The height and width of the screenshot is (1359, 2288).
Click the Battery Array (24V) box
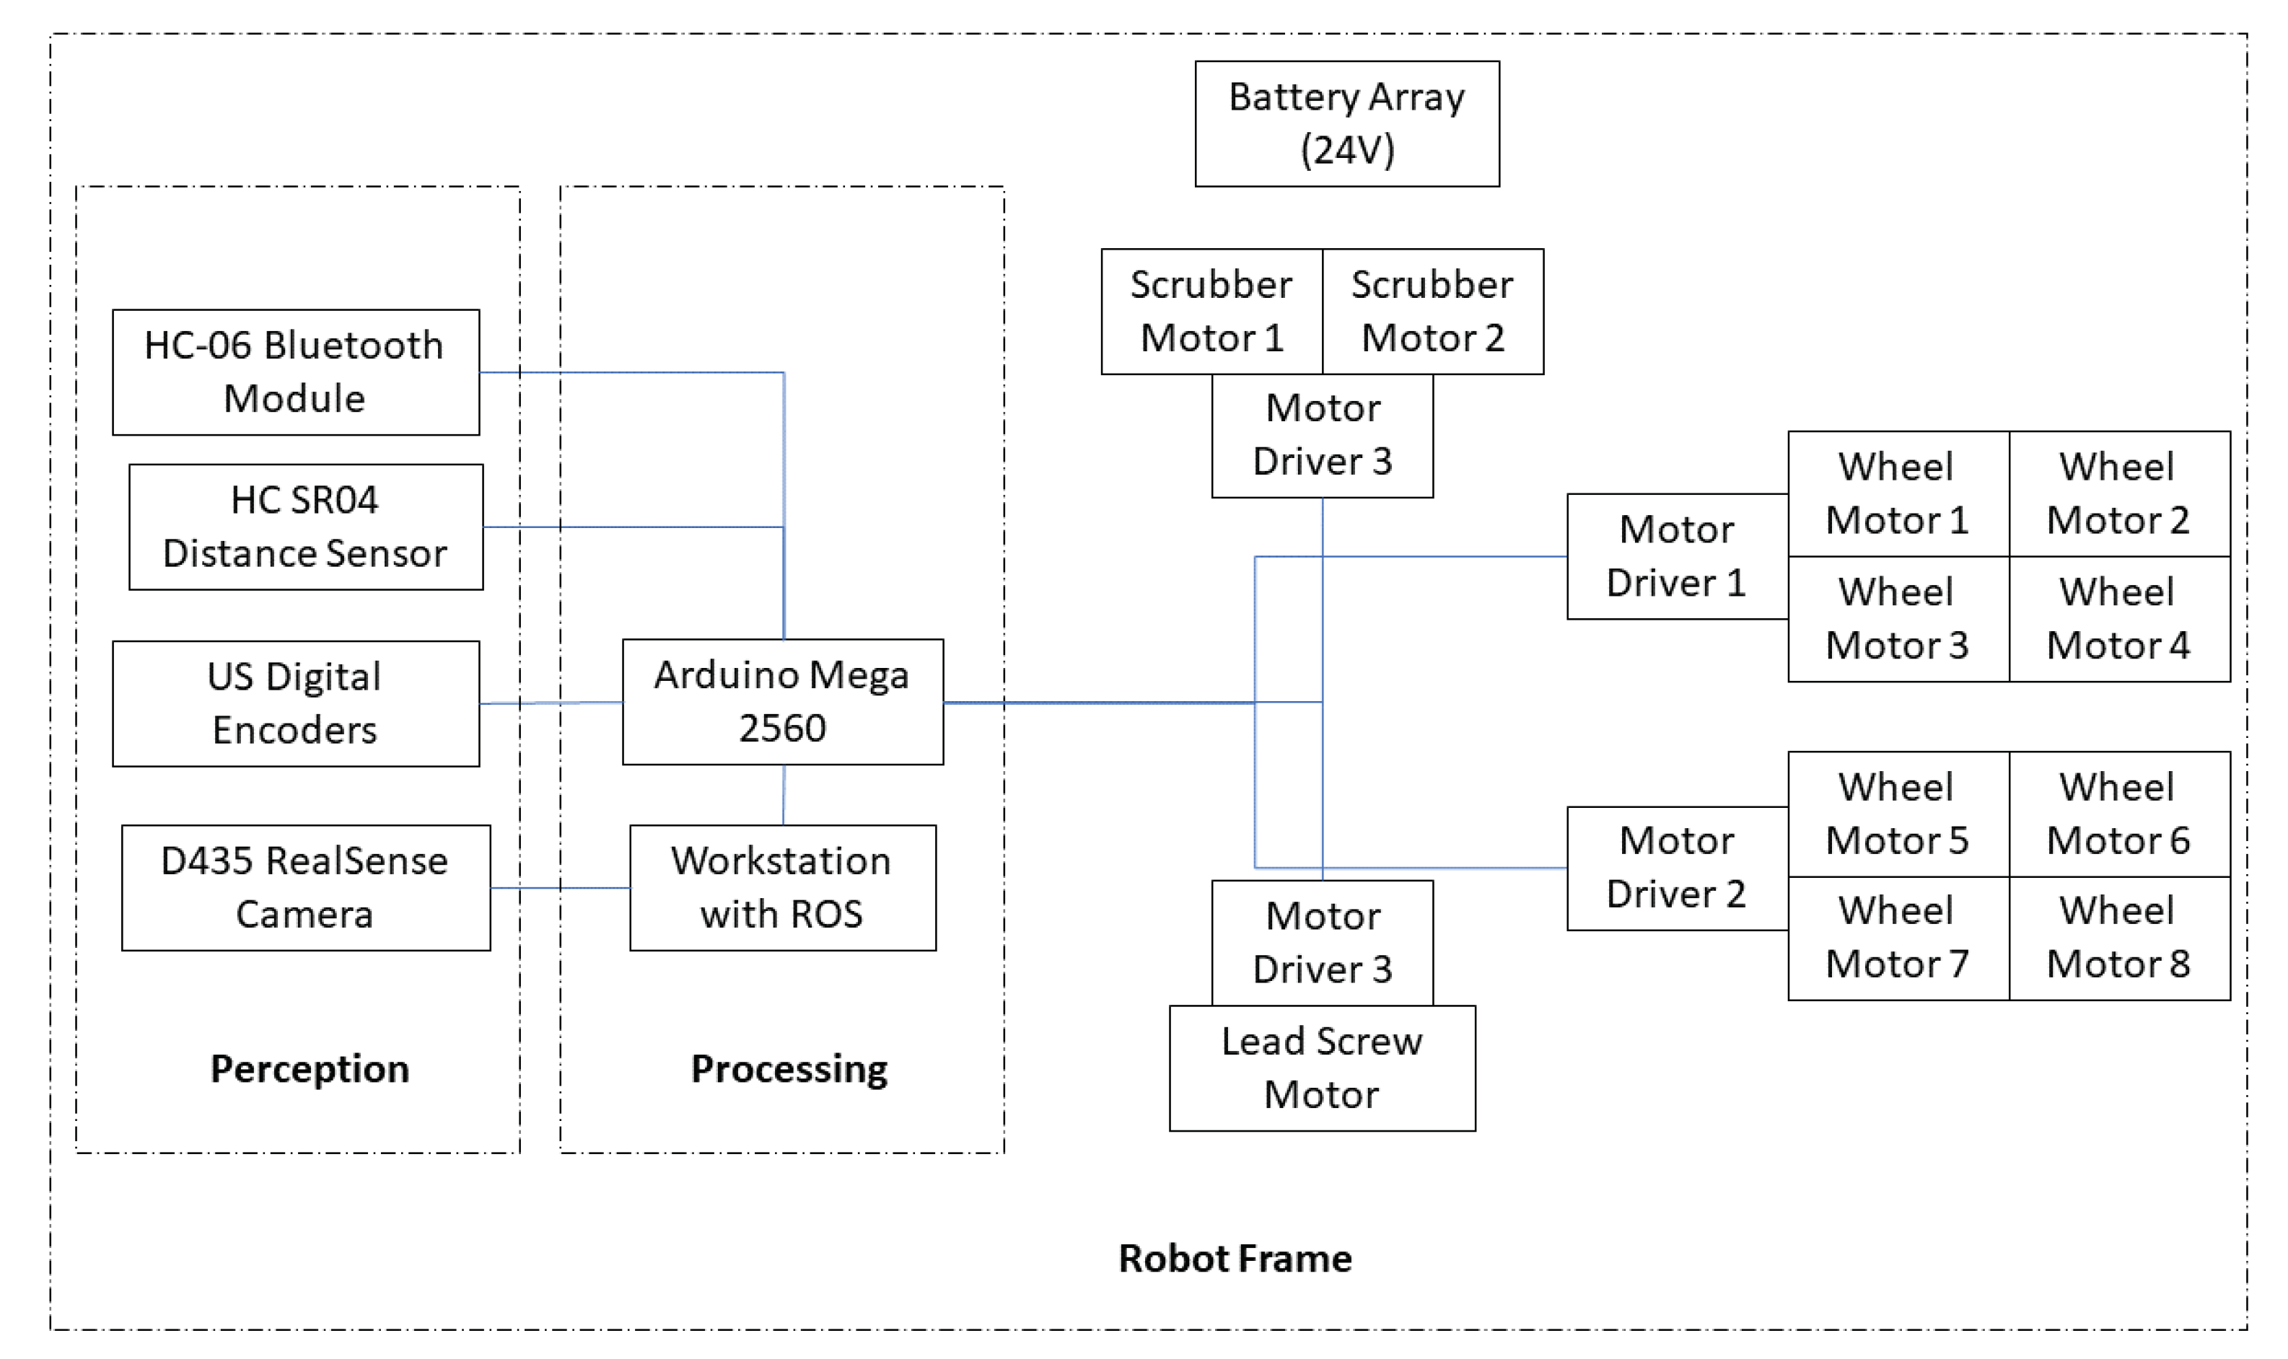pos(1346,123)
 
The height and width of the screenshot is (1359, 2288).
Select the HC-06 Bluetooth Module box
pos(295,371)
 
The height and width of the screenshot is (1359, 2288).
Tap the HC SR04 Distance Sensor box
pos(305,527)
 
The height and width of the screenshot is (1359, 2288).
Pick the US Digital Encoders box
pos(295,703)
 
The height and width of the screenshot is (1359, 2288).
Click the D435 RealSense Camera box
pos(305,887)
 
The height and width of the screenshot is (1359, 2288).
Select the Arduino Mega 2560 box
pos(782,701)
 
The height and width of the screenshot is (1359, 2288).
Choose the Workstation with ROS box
pos(782,887)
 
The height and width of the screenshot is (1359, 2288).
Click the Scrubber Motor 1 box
pos(1211,312)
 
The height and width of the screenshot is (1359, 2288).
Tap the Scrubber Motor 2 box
pos(1432,312)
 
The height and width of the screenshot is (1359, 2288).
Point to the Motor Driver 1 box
pos(1676,556)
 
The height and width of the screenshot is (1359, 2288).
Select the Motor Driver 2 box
pos(1676,867)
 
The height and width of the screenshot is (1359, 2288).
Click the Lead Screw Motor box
pos(1322,1068)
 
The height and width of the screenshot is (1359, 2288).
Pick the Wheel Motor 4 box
pos(2118,619)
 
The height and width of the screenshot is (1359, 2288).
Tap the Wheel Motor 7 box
pos(1897,938)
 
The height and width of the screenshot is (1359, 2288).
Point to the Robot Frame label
pos(1235,1258)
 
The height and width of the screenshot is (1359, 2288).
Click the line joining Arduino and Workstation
pos(783,795)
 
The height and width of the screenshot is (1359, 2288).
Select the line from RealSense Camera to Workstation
pos(560,887)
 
